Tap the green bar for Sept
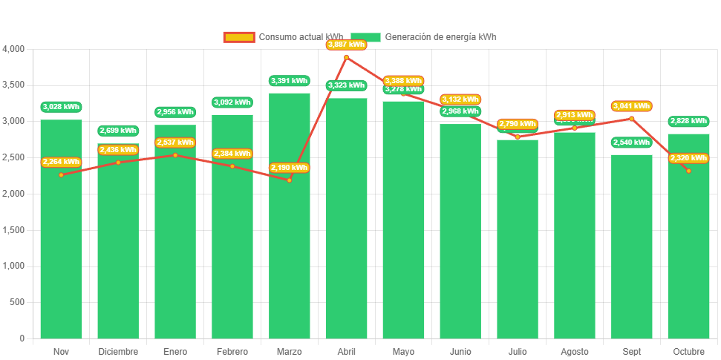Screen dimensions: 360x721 [631, 252]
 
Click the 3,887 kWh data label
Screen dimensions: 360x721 [346, 45]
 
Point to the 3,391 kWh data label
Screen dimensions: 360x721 [289, 81]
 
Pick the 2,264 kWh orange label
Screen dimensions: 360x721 [61, 162]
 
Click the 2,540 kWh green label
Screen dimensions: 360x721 [631, 143]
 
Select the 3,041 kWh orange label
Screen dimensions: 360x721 [631, 106]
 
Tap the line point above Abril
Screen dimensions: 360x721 [346, 57]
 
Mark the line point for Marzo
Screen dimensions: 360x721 [289, 180]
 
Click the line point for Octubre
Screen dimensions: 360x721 [688, 171]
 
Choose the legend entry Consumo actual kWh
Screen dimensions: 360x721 [283, 37]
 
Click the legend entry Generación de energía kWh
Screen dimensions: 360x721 [423, 37]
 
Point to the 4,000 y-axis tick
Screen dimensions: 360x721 [14, 49]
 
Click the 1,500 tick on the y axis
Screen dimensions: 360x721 [14, 230]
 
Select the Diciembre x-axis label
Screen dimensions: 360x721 [118, 351]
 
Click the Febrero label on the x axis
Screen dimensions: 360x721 [232, 351]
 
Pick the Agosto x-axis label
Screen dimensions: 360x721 [574, 351]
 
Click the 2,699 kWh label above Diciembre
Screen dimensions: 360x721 [118, 131]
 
